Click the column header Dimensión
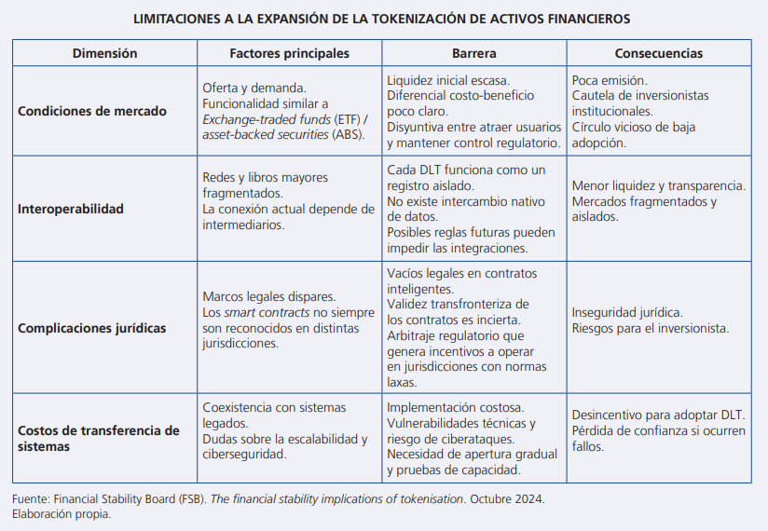[104, 53]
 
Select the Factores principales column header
[289, 53]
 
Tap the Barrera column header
[473, 53]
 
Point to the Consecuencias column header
[659, 53]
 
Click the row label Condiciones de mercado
[92, 111]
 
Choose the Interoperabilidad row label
[71, 209]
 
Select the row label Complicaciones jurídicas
[92, 328]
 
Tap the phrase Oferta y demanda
[254, 88]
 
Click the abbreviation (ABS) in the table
[348, 134]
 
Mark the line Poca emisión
[609, 80]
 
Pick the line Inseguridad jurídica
[626, 312]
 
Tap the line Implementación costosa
[455, 407]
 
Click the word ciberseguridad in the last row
[244, 455]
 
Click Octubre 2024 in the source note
[506, 498]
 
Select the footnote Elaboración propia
[62, 513]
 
